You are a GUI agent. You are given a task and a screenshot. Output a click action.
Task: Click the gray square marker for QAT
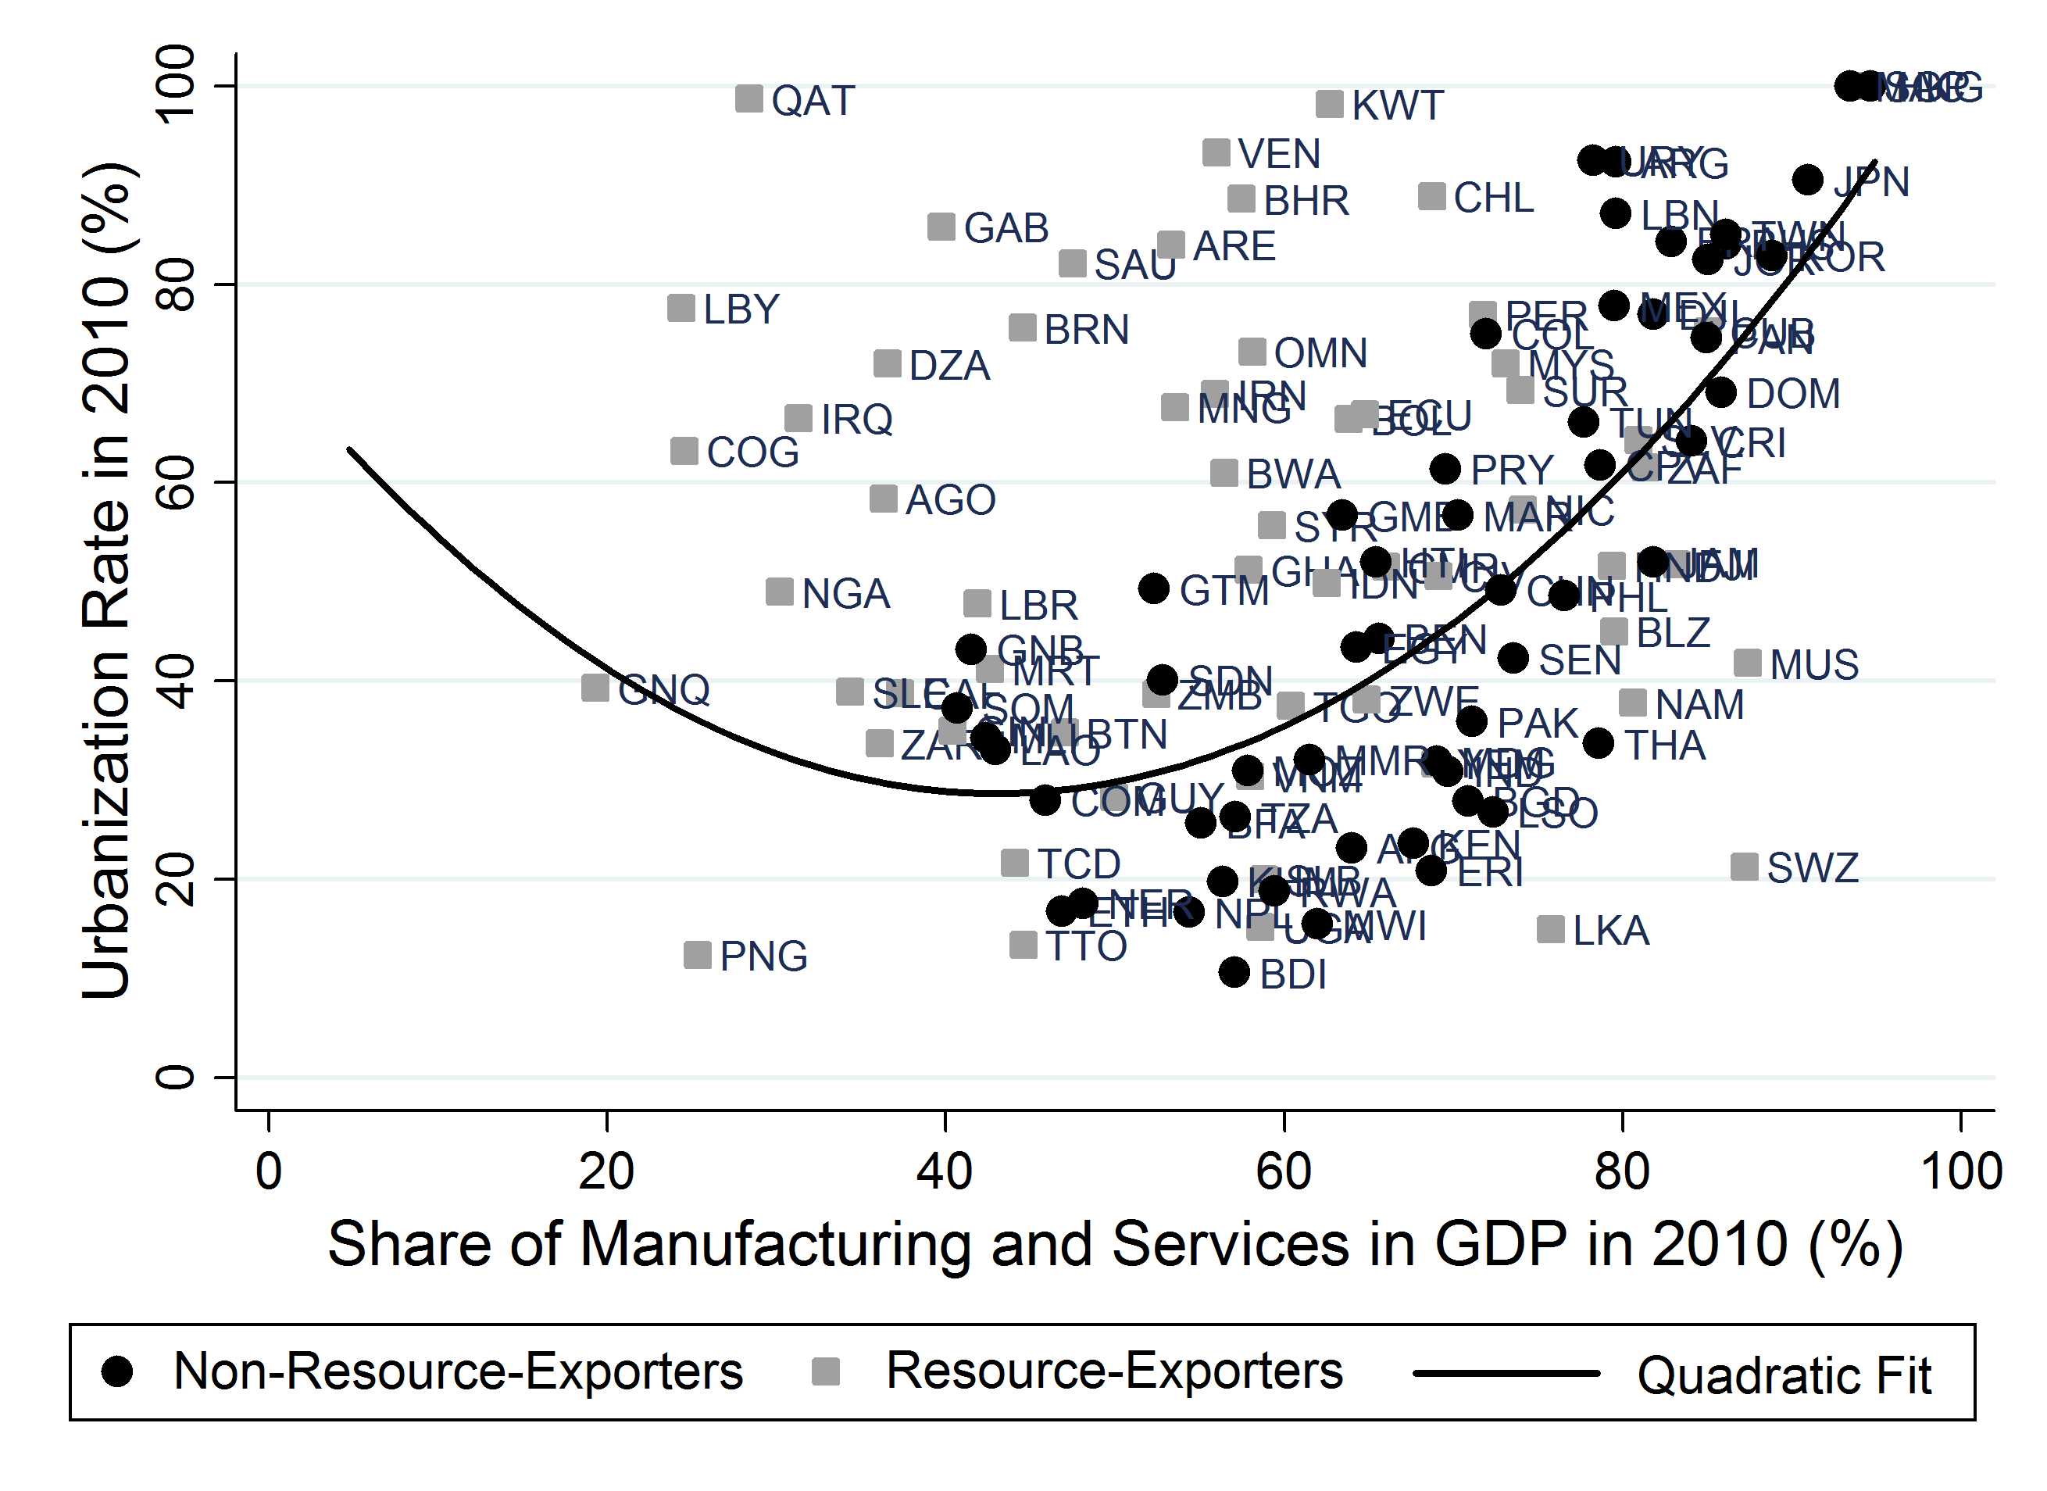(748, 98)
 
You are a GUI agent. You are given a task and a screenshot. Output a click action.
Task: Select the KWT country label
(1397, 105)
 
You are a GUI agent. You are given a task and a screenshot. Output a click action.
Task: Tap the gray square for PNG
(697, 955)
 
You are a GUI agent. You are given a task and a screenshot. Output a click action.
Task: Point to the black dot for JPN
(1807, 180)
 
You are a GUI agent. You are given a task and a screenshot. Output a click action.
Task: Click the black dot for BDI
(1234, 972)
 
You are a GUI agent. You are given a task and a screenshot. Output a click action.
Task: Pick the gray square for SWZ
(1744, 867)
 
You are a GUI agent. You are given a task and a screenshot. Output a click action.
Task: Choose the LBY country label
(741, 309)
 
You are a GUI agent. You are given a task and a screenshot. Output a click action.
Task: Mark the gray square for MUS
(1747, 663)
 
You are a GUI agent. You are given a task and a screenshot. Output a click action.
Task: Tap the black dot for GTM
(1153, 589)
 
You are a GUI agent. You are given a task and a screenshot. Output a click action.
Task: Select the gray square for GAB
(941, 227)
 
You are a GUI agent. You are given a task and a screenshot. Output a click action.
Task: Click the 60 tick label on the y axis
(176, 482)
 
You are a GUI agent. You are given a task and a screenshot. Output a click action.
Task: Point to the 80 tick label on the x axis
(1622, 1172)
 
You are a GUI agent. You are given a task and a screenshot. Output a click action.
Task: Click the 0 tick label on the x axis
(269, 1172)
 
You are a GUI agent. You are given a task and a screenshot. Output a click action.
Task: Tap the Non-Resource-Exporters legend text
(458, 1372)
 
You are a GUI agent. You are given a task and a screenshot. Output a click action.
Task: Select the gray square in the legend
(826, 1372)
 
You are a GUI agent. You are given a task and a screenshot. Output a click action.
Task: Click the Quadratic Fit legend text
(1784, 1375)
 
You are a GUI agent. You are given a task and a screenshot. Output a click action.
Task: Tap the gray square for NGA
(779, 592)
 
